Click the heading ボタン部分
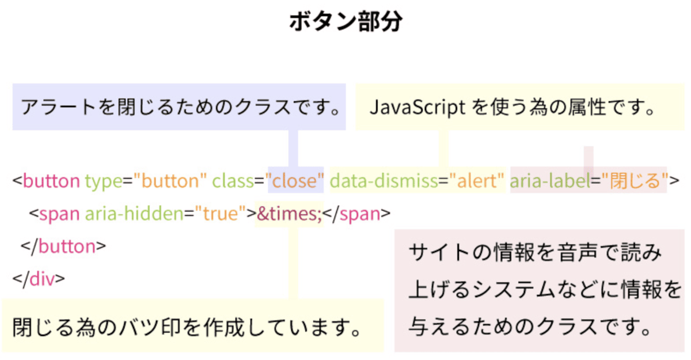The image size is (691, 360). tap(346, 21)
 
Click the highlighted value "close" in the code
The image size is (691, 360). tap(295, 181)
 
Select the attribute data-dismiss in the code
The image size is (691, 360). tap(384, 181)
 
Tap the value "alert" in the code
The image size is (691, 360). tap(477, 181)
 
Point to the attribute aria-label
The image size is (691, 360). tap(550, 181)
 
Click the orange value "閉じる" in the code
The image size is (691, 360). tap(635, 181)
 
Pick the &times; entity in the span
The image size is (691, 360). tap(289, 214)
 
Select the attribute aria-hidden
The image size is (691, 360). tap(135, 214)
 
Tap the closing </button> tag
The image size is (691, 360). tap(63, 247)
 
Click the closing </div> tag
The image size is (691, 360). tap(39, 279)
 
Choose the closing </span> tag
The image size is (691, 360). tap(356, 214)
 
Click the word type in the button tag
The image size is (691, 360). tap(104, 181)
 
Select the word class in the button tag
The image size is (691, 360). tap(233, 181)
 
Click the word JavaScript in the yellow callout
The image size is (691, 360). tap(417, 107)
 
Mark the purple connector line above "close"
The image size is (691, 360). tap(293, 149)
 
